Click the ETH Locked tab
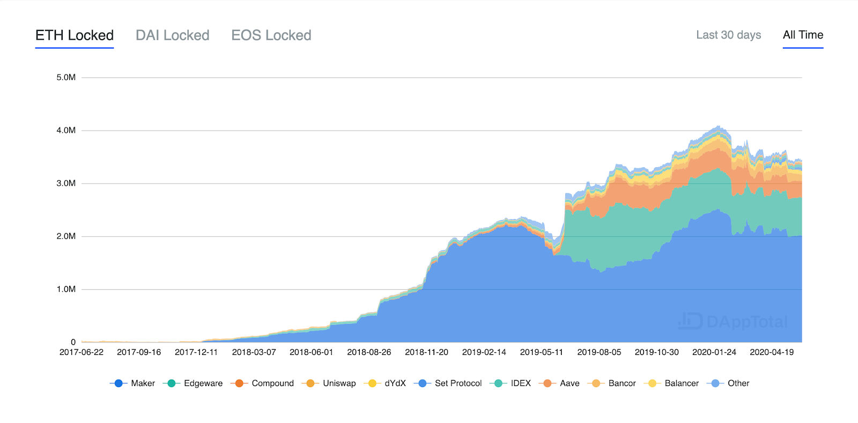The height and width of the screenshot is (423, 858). [75, 35]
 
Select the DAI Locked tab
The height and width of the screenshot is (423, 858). [172, 35]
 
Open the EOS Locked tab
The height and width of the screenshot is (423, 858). [271, 35]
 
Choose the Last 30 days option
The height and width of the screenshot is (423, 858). [728, 35]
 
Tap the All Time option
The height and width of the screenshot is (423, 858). [803, 35]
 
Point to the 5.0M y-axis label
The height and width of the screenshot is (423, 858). [66, 78]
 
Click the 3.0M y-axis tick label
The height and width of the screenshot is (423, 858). [66, 184]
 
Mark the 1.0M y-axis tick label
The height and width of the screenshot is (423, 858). [66, 289]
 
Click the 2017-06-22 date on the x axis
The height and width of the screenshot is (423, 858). [82, 352]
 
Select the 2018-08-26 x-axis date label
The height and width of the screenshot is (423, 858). [369, 352]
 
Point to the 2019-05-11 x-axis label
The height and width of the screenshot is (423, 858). [542, 352]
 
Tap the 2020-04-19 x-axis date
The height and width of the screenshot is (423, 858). [772, 352]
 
